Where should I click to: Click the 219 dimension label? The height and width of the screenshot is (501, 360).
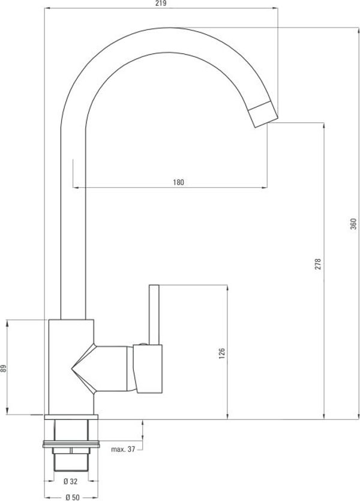pyautogui.click(x=161, y=4)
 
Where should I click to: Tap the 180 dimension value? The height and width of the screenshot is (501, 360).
pyautogui.click(x=179, y=182)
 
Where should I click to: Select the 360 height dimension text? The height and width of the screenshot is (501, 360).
pyautogui.click(x=353, y=224)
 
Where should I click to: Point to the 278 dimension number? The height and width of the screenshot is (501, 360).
pyautogui.click(x=317, y=264)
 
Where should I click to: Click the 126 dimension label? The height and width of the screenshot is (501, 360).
pyautogui.click(x=221, y=353)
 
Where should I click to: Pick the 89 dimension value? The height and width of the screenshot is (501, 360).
pyautogui.click(x=3, y=368)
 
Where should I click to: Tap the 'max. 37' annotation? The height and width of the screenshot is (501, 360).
pyautogui.click(x=123, y=449)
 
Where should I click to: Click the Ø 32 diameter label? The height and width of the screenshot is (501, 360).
pyautogui.click(x=71, y=481)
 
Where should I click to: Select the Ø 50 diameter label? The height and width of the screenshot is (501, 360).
pyautogui.click(x=73, y=497)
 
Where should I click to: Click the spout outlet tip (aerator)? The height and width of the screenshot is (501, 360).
pyautogui.click(x=263, y=115)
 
